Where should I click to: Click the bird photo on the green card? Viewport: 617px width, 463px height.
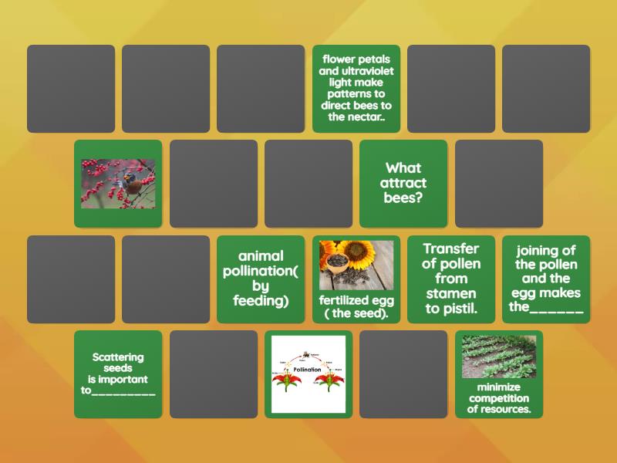(118, 184)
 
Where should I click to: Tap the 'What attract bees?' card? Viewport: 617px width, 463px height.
(403, 183)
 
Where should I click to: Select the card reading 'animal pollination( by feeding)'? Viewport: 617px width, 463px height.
(261, 279)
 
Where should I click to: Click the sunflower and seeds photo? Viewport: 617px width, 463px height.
(356, 265)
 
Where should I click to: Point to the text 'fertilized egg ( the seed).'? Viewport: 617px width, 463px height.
(356, 307)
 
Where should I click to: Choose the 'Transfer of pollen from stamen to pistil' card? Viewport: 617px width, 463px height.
(451, 279)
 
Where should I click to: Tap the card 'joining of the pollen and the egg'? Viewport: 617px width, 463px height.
(546, 279)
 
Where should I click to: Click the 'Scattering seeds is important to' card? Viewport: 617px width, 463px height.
(118, 374)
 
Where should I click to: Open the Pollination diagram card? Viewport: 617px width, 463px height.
(308, 374)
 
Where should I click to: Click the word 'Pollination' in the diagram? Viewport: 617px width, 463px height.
(307, 370)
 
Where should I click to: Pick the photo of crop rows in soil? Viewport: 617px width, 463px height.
(499, 357)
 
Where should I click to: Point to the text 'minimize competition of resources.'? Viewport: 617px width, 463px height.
(499, 398)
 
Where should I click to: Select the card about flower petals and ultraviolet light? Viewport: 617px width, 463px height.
(356, 88)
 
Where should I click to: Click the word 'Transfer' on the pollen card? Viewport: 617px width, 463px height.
(451, 248)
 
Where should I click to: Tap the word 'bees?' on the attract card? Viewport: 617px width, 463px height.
(403, 198)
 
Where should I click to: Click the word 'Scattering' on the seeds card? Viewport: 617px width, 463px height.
(118, 357)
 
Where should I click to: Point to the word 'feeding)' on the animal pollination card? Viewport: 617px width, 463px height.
(261, 301)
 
